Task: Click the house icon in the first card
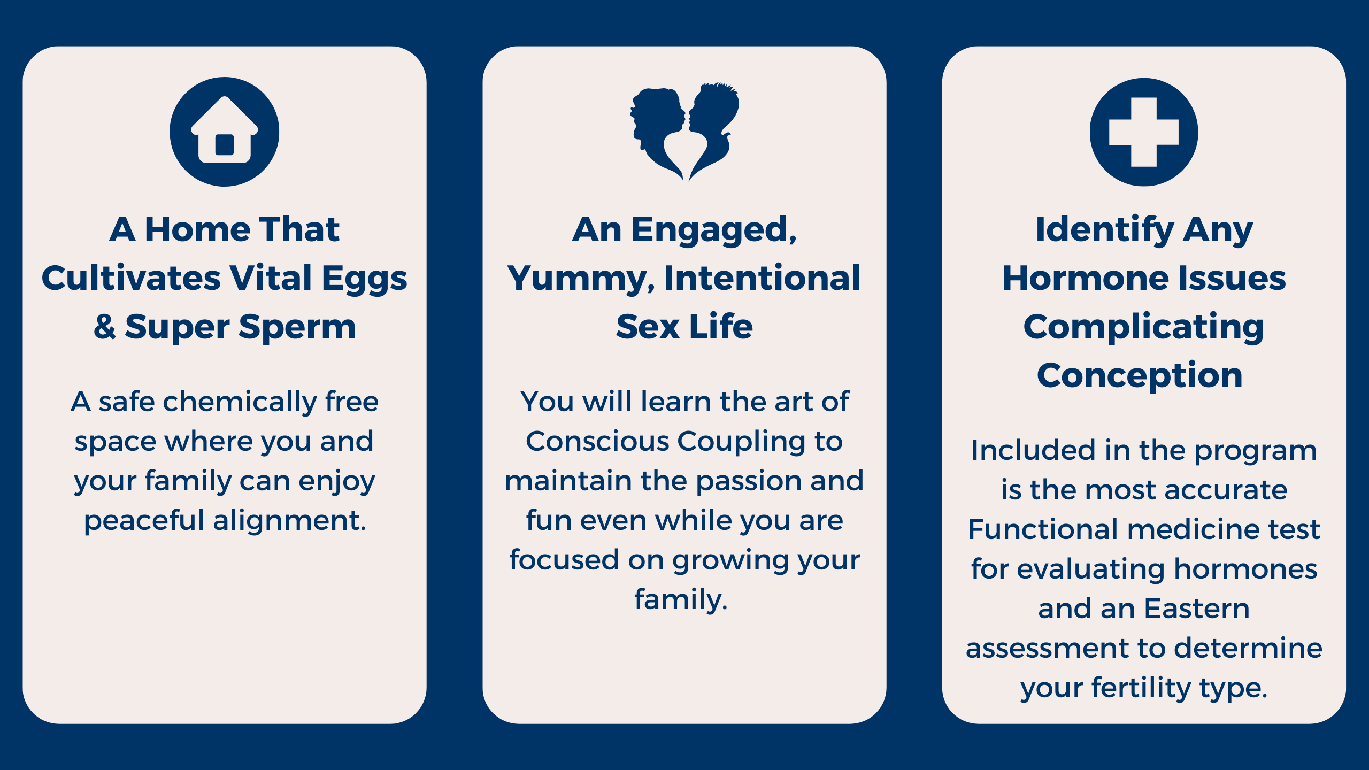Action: click(225, 132)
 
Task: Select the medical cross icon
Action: click(1144, 132)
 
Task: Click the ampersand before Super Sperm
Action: click(105, 327)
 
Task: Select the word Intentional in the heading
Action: click(762, 278)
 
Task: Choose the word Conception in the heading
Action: click(1140, 375)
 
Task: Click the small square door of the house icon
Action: click(225, 144)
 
